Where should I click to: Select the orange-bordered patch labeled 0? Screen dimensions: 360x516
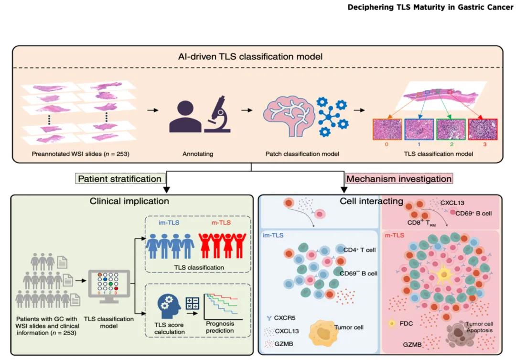click(387, 131)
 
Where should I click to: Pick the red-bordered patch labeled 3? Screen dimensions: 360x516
click(483, 131)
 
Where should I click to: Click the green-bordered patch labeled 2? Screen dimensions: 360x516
click(451, 131)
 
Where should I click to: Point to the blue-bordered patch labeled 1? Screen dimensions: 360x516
click(419, 131)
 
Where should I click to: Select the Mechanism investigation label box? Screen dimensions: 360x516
click(399, 179)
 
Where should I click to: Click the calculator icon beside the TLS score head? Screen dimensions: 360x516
click(193, 304)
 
